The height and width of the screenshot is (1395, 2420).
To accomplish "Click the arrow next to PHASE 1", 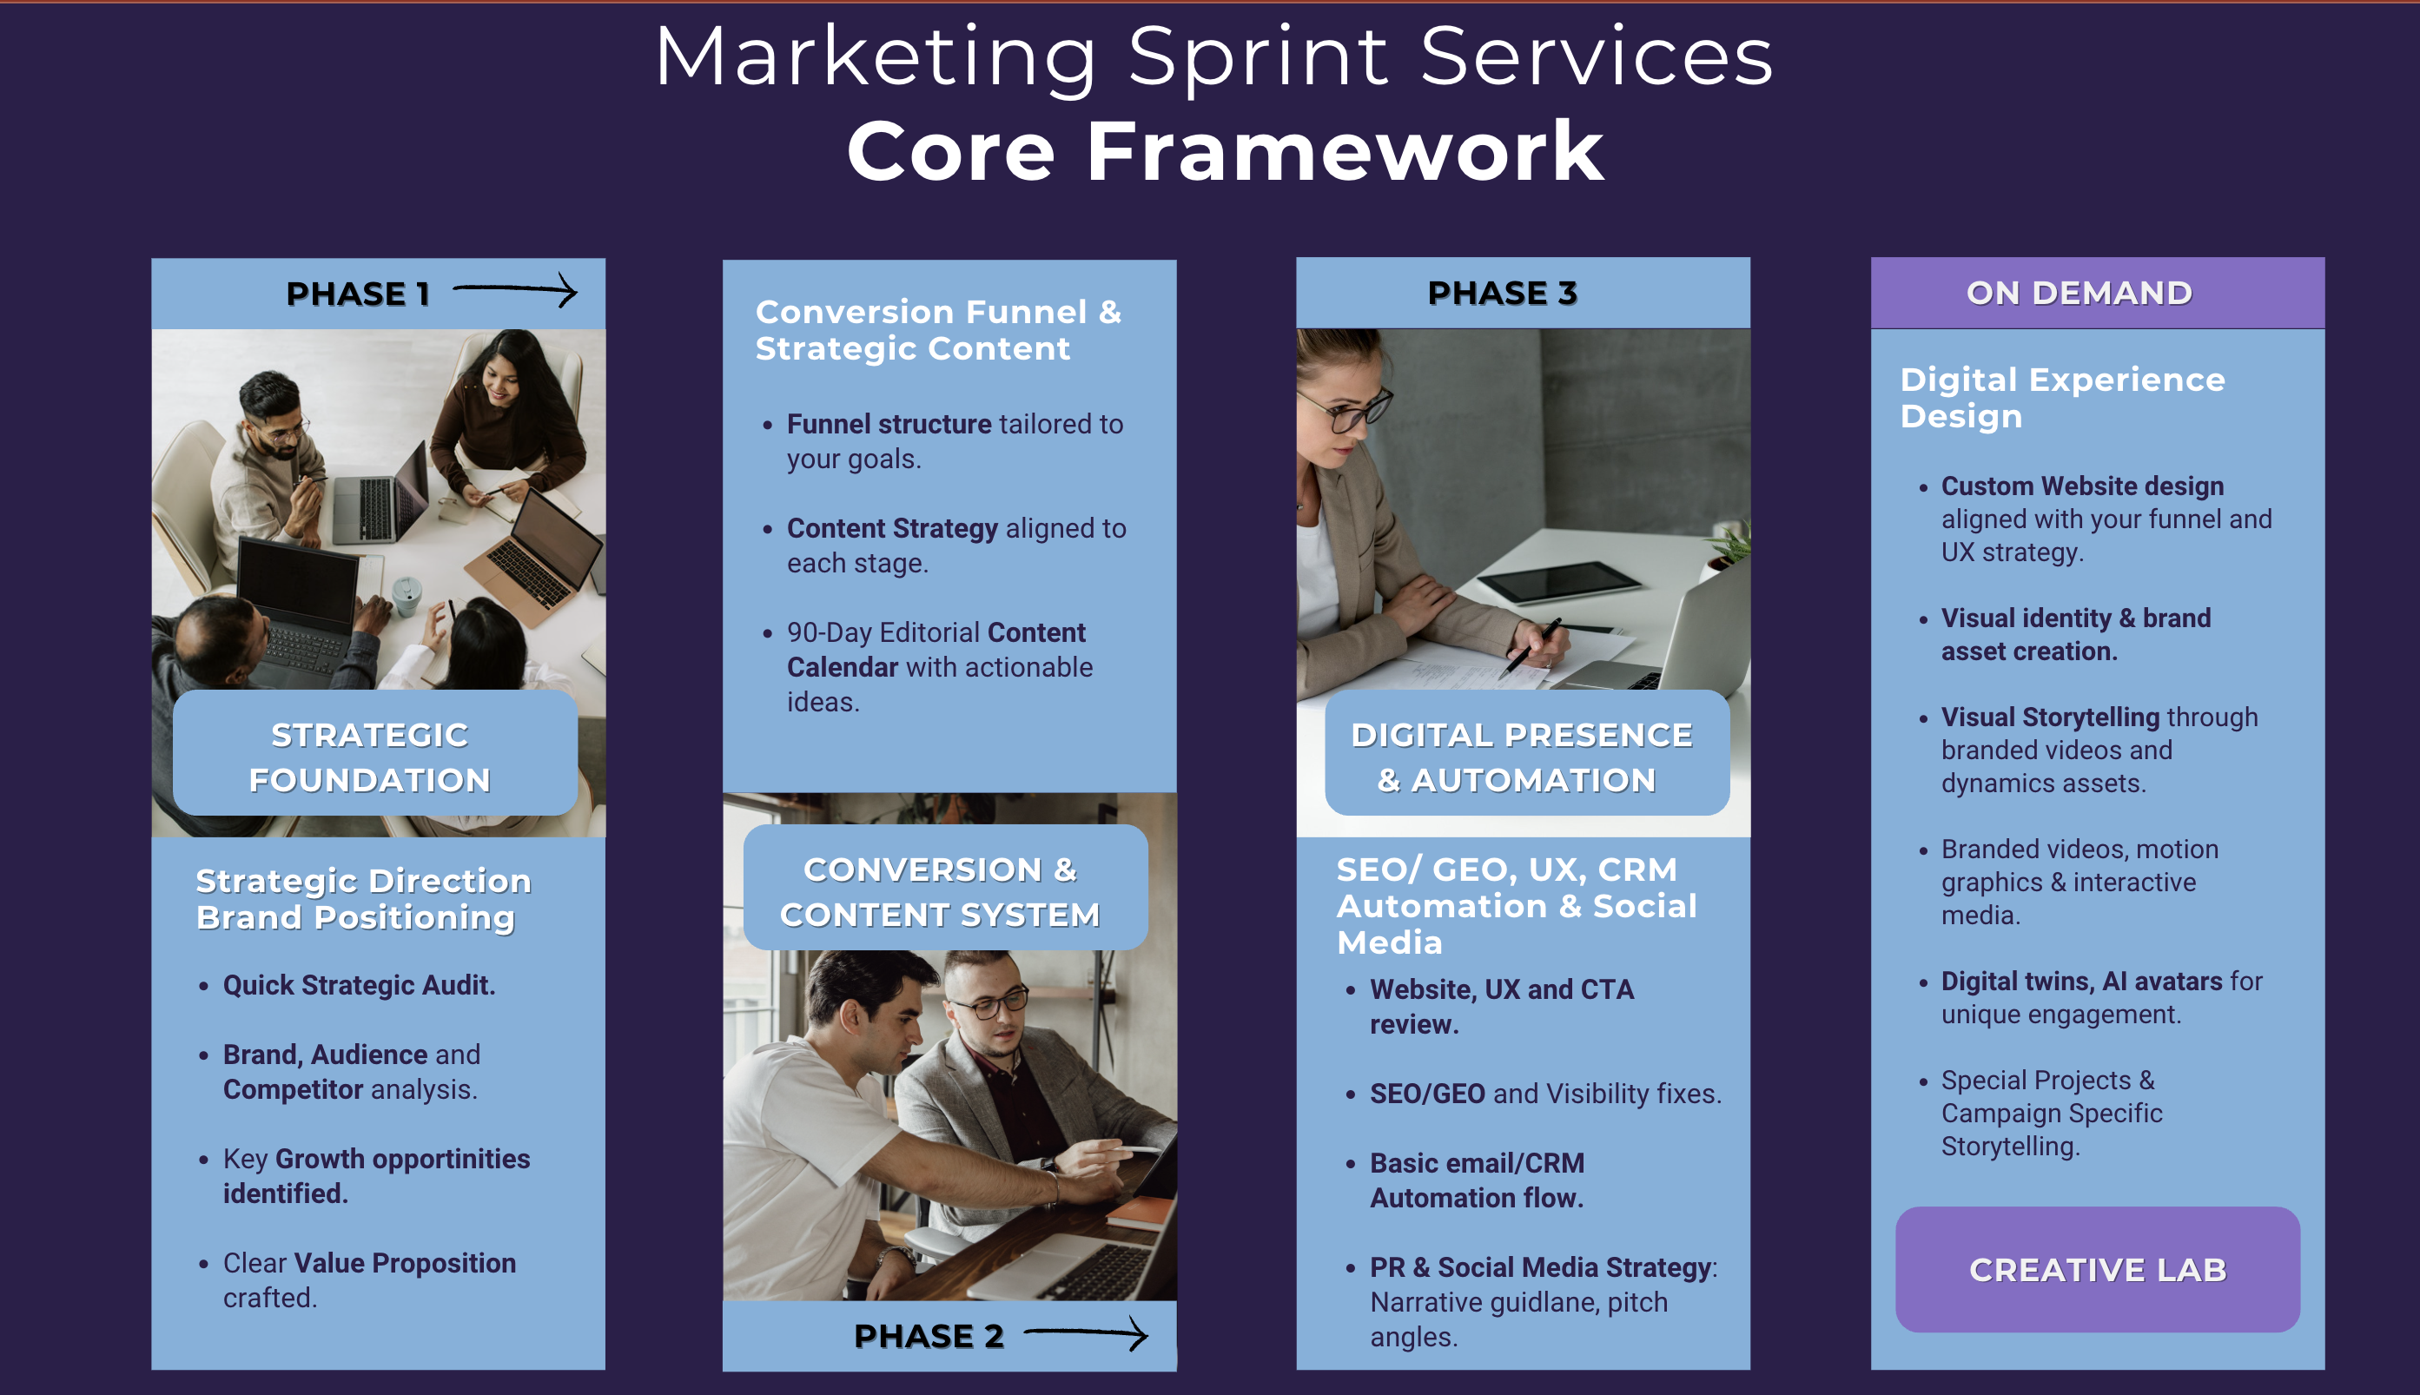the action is [x=514, y=289].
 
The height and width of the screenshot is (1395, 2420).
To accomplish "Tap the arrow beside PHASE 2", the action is [x=1086, y=1332].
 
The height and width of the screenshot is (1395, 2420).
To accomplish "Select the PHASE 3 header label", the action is [x=1502, y=294].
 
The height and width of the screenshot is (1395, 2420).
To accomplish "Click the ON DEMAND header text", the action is [x=2079, y=294].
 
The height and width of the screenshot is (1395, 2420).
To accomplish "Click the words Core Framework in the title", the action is [x=1226, y=150].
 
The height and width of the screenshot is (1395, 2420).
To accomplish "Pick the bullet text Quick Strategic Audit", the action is [x=360, y=985].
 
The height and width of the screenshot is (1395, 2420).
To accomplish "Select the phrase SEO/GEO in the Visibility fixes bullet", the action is [x=1427, y=1094].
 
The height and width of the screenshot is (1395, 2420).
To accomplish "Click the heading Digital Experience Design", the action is [x=2063, y=398].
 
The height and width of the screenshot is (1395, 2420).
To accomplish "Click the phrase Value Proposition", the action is [x=406, y=1263].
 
